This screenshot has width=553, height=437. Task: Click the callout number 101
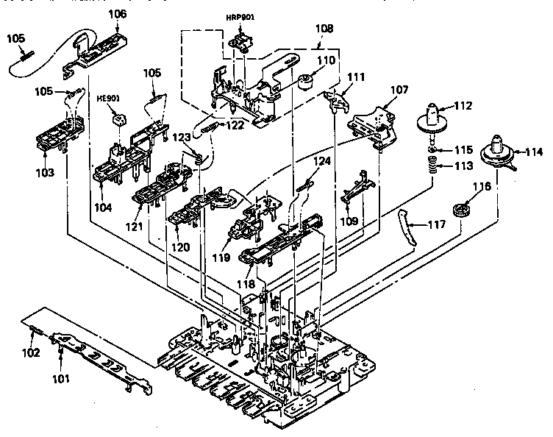coord(60,380)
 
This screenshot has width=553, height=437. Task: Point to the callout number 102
coord(30,352)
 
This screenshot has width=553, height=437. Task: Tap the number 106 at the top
coord(117,13)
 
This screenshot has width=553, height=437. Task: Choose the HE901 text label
coord(108,96)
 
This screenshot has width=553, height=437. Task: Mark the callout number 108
coord(324,29)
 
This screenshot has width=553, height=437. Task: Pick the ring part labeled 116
coord(461,210)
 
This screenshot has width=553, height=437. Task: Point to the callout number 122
coord(235,125)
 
